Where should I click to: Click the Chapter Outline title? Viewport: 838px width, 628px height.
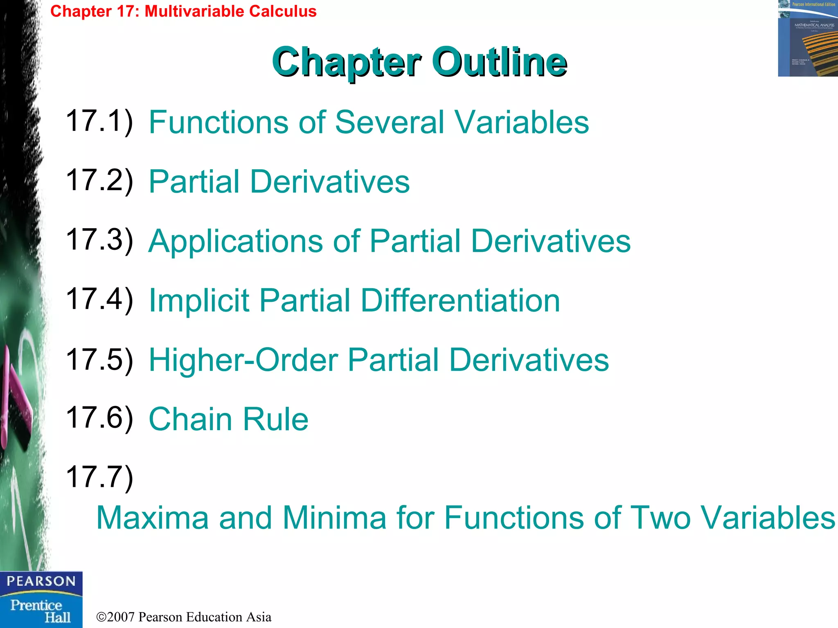pyautogui.click(x=419, y=62)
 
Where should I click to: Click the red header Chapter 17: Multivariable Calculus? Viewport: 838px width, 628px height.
pyautogui.click(x=183, y=11)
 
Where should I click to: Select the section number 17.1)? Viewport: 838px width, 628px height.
pyautogui.click(x=99, y=121)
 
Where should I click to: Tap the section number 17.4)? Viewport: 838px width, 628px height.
pyautogui.click(x=99, y=299)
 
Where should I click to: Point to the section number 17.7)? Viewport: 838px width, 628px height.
pyautogui.click(x=99, y=477)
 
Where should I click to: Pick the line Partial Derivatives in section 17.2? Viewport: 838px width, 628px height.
pyautogui.click(x=279, y=182)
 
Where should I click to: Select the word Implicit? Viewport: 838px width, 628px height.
pyautogui.click(x=199, y=301)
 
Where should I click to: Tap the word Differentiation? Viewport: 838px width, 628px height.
pyautogui.click(x=460, y=301)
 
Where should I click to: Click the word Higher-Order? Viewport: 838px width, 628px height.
pyautogui.click(x=243, y=360)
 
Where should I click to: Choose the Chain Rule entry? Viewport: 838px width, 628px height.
pyautogui.click(x=228, y=419)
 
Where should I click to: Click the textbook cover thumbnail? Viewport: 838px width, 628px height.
pyautogui.click(x=808, y=38)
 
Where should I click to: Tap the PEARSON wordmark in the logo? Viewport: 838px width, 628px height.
pyautogui.click(x=41, y=581)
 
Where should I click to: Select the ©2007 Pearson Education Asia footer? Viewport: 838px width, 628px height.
pyautogui.click(x=184, y=617)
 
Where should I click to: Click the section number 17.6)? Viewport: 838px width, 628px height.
pyautogui.click(x=99, y=418)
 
